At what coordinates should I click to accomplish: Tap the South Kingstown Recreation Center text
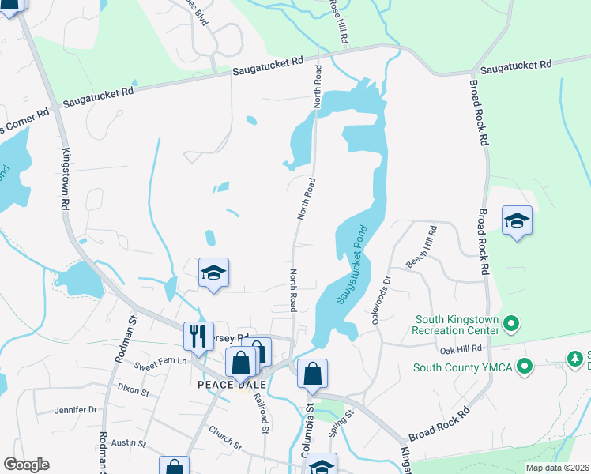[458, 324]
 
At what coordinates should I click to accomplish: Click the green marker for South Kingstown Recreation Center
[510, 323]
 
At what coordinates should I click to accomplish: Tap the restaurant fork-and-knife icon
[198, 335]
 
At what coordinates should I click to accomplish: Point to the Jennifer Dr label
[75, 410]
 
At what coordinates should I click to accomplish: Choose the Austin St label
[129, 444]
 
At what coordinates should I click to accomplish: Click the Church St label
[225, 437]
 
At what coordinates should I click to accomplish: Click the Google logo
[26, 465]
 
